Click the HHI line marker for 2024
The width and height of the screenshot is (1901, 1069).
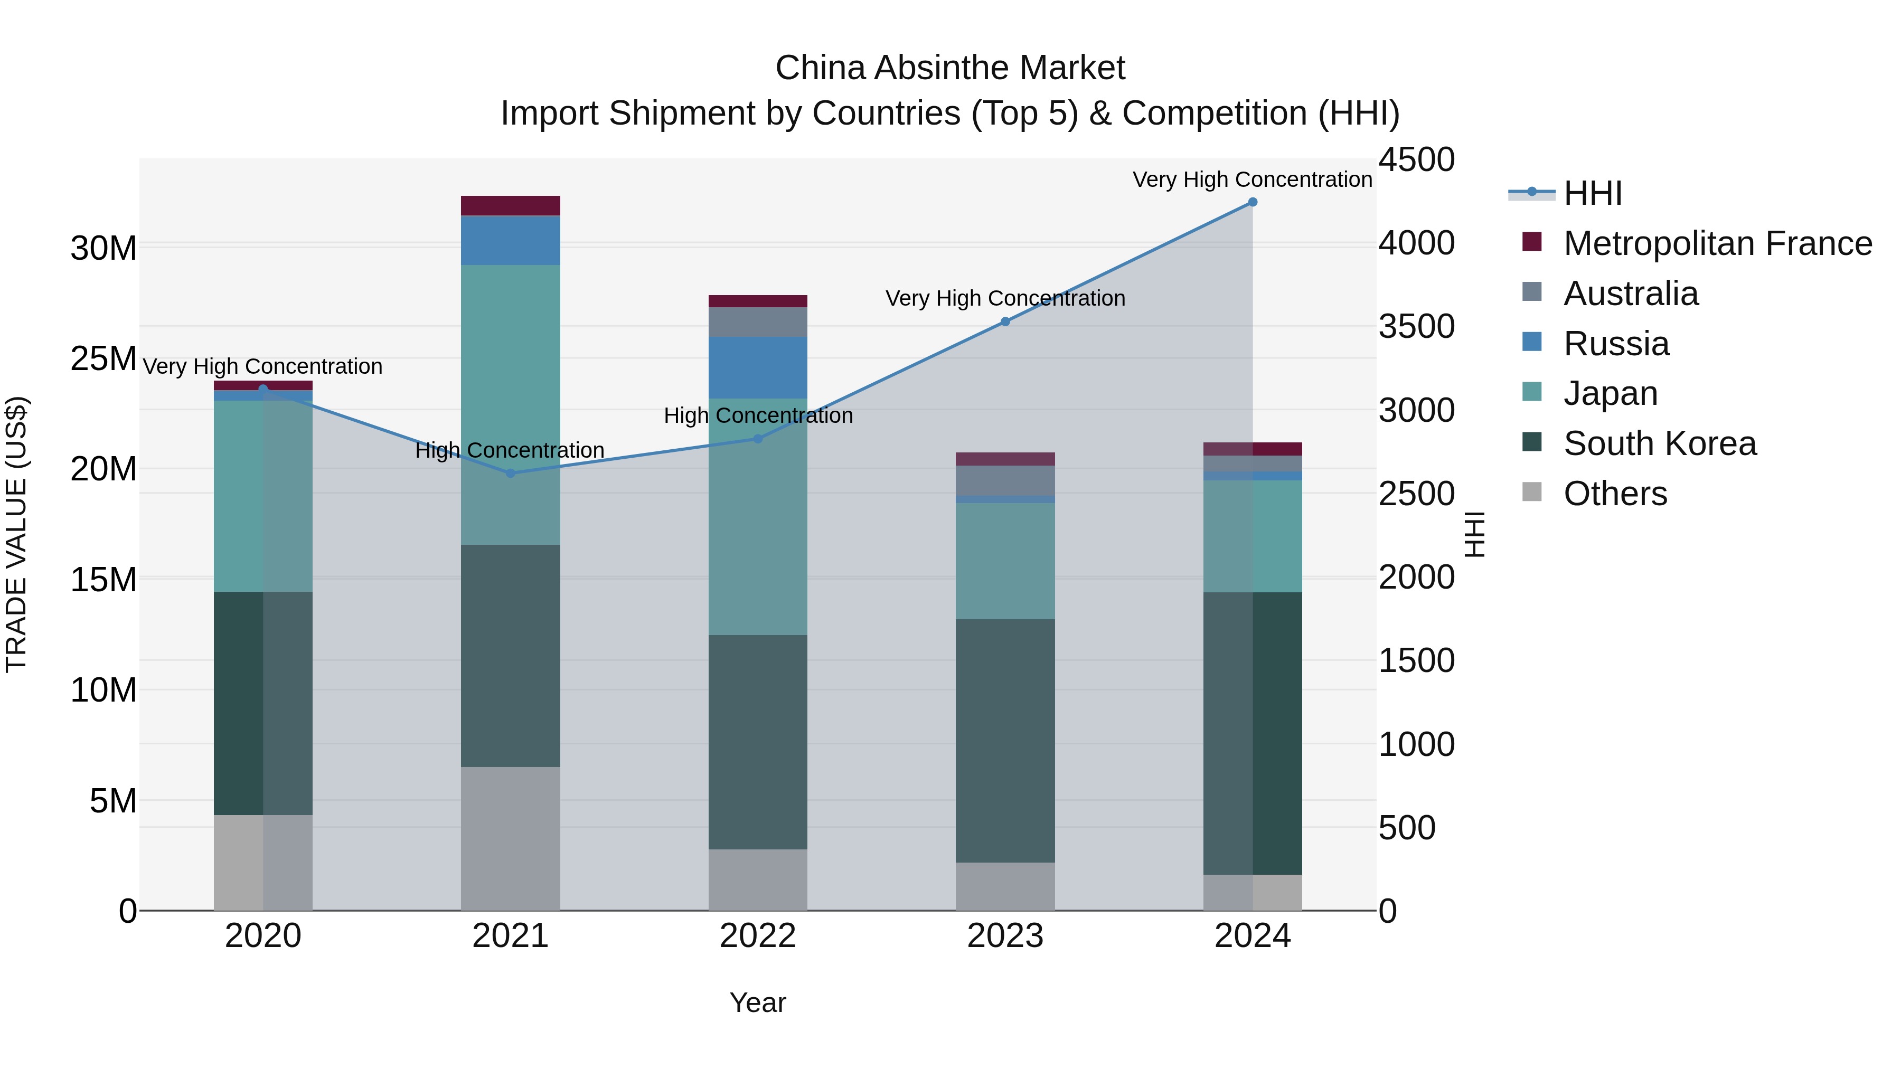pos(1253,202)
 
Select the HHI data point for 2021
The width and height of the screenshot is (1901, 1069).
pos(511,473)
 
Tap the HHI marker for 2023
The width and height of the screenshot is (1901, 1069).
pos(1005,321)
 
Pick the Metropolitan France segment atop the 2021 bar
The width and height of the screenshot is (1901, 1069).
pos(511,206)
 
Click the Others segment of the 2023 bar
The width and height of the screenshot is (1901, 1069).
pos(1005,886)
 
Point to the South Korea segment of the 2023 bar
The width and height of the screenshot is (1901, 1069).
pos(1005,741)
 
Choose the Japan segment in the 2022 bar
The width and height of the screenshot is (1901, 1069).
pos(758,516)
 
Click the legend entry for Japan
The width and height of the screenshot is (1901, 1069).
pos(1610,393)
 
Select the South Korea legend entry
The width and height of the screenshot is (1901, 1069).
pos(1659,443)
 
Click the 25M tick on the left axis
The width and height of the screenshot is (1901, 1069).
pos(103,358)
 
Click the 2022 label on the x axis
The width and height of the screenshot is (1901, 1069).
pos(758,936)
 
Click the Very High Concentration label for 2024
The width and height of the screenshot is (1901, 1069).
pos(1253,179)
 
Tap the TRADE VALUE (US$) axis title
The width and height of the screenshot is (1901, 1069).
pos(16,534)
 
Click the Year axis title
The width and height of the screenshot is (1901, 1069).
pos(758,1002)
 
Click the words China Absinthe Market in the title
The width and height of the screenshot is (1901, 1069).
pos(950,68)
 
